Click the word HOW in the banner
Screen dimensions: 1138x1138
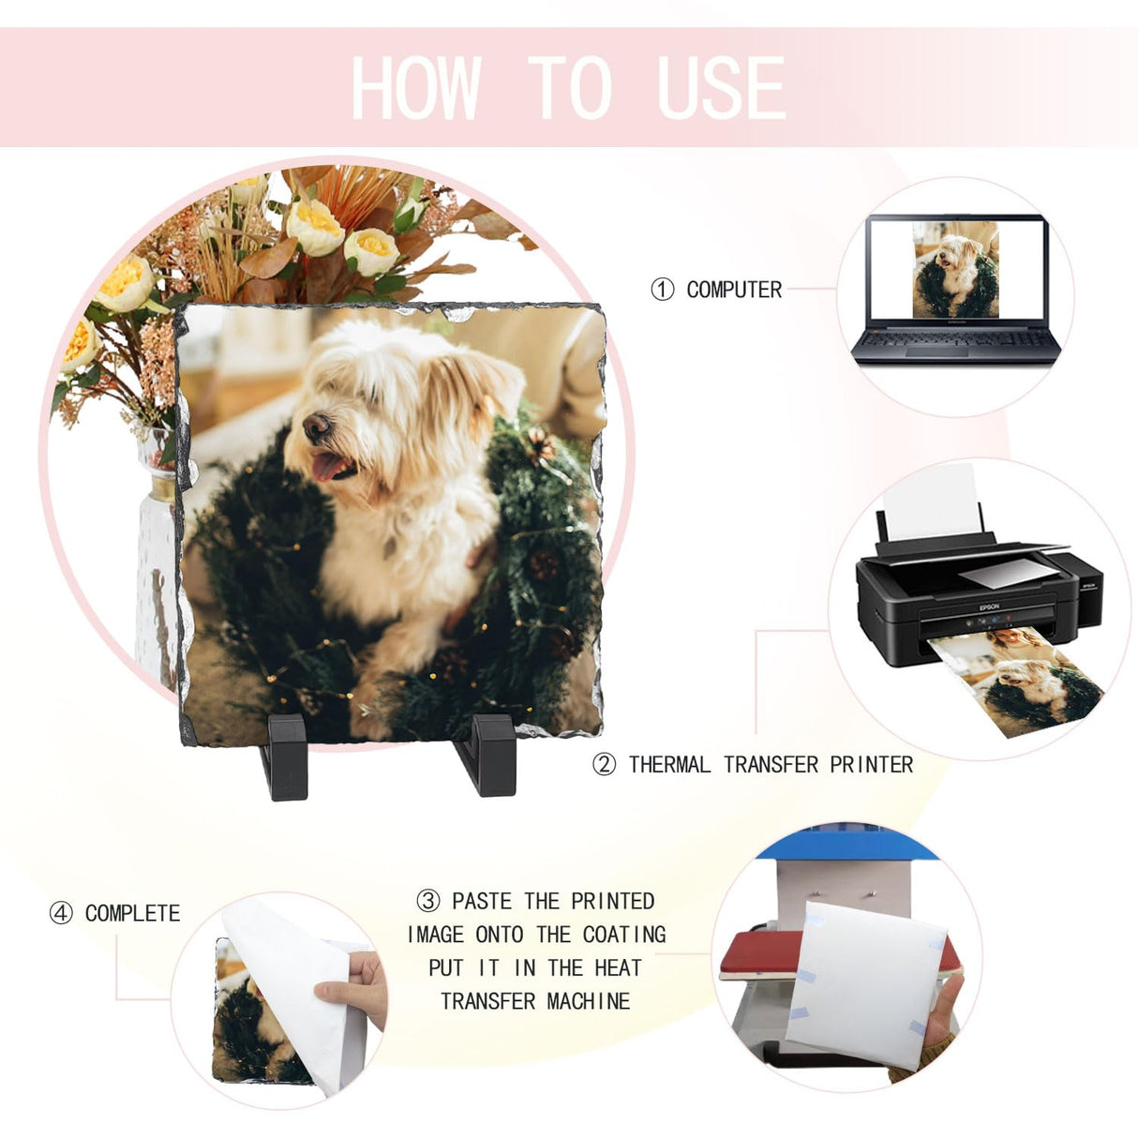pyautogui.click(x=414, y=87)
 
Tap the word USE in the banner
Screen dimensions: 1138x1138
pyautogui.click(x=721, y=87)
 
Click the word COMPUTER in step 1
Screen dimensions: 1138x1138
pyautogui.click(x=734, y=290)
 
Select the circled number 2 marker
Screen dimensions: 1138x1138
pyautogui.click(x=604, y=765)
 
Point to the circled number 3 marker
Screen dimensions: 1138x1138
pyautogui.click(x=428, y=901)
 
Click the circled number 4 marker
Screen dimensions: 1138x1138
pyautogui.click(x=61, y=914)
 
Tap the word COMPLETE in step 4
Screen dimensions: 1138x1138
pyautogui.click(x=133, y=914)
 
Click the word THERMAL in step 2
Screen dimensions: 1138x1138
pyautogui.click(x=669, y=765)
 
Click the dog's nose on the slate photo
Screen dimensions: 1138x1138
pyautogui.click(x=317, y=426)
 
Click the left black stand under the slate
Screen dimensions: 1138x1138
pyautogui.click(x=285, y=756)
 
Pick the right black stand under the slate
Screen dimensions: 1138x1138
pyautogui.click(x=486, y=755)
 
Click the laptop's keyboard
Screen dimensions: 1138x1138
pyautogui.click(x=954, y=339)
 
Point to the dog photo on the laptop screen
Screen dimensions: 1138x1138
pyautogui.click(x=956, y=269)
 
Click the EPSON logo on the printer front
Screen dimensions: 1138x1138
pyautogui.click(x=989, y=607)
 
